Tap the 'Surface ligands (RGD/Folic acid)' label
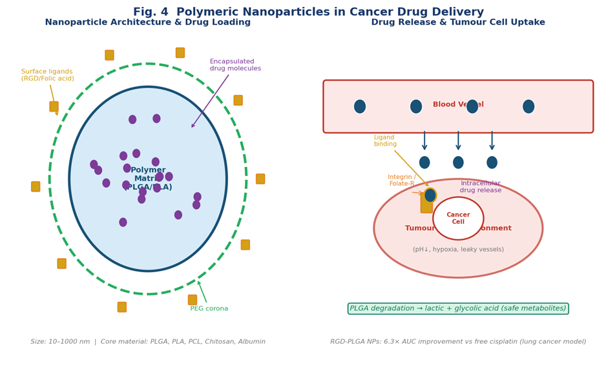47,75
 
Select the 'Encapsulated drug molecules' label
235,65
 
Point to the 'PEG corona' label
209,308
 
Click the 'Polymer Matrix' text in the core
148,178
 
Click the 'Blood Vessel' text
457,104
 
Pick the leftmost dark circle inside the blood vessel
360,106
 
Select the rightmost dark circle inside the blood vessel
528,106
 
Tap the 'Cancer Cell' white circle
458,218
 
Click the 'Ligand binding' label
385,141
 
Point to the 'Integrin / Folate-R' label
401,181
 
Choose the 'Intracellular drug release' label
480,187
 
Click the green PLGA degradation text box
457,308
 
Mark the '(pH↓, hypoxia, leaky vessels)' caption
458,250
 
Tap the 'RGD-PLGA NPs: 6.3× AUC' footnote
458,342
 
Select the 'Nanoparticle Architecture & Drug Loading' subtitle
147,23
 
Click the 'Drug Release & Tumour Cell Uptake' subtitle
457,23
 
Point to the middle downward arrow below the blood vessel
458,141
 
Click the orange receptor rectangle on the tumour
426,204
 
